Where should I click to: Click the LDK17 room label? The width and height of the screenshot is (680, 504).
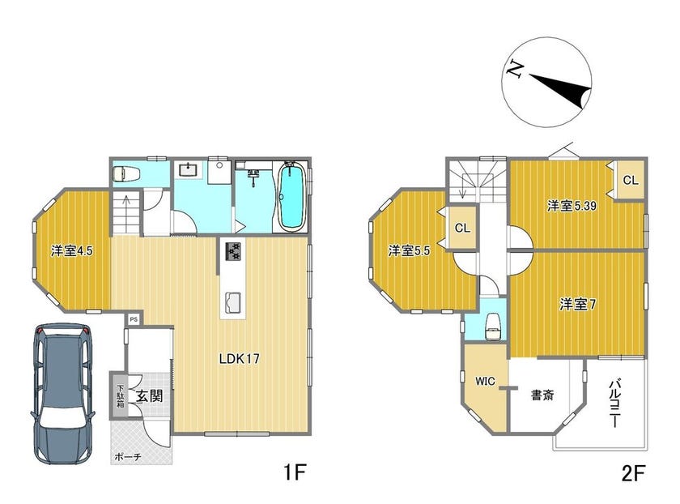[x=239, y=359]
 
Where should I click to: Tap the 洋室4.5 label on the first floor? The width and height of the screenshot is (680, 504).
[x=71, y=251]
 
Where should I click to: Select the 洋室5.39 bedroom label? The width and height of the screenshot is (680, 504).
[x=572, y=206]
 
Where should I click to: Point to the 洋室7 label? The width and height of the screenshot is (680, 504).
[x=577, y=305]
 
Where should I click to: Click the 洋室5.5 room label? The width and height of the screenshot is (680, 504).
[x=409, y=251]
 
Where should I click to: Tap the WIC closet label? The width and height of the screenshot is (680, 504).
[x=485, y=382]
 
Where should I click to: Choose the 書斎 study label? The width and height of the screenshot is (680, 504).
[x=542, y=395]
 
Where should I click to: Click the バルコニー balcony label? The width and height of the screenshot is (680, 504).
[x=614, y=404]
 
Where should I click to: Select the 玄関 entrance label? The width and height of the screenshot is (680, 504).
[x=150, y=396]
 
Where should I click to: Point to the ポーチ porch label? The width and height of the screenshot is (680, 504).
[x=128, y=457]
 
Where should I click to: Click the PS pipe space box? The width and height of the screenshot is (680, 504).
[x=134, y=319]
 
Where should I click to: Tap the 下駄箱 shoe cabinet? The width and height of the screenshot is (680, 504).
[x=120, y=395]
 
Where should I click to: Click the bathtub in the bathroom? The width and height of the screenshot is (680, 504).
[x=291, y=197]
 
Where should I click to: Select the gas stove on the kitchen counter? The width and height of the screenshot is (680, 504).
[x=232, y=251]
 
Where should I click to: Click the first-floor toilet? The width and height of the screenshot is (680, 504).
[x=126, y=174]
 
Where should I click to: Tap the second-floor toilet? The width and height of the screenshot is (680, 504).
[x=494, y=325]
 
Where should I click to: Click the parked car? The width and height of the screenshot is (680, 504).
[x=63, y=394]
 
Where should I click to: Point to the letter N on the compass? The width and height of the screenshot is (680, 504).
[x=515, y=68]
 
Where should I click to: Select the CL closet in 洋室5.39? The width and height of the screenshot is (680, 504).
[x=630, y=180]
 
